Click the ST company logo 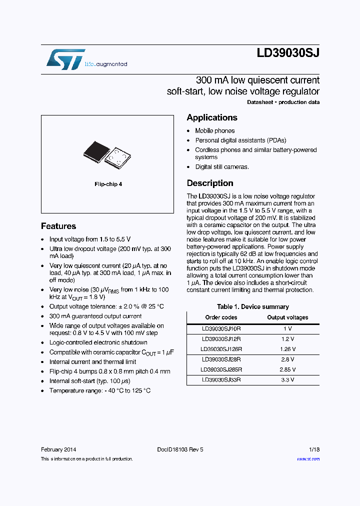coord(65,59)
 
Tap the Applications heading coord(212,117)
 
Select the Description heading coord(210,183)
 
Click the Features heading coord(58,226)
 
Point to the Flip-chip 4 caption coord(108,184)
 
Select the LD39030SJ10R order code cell coord(221,328)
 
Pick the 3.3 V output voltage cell coord(287,379)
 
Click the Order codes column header coord(221,317)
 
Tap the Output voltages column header coord(287,317)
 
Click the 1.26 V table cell coord(287,349)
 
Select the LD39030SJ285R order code coord(221,369)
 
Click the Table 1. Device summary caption coord(252,306)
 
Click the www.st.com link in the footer coord(308,459)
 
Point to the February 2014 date coord(58,449)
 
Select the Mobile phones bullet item coord(214,130)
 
